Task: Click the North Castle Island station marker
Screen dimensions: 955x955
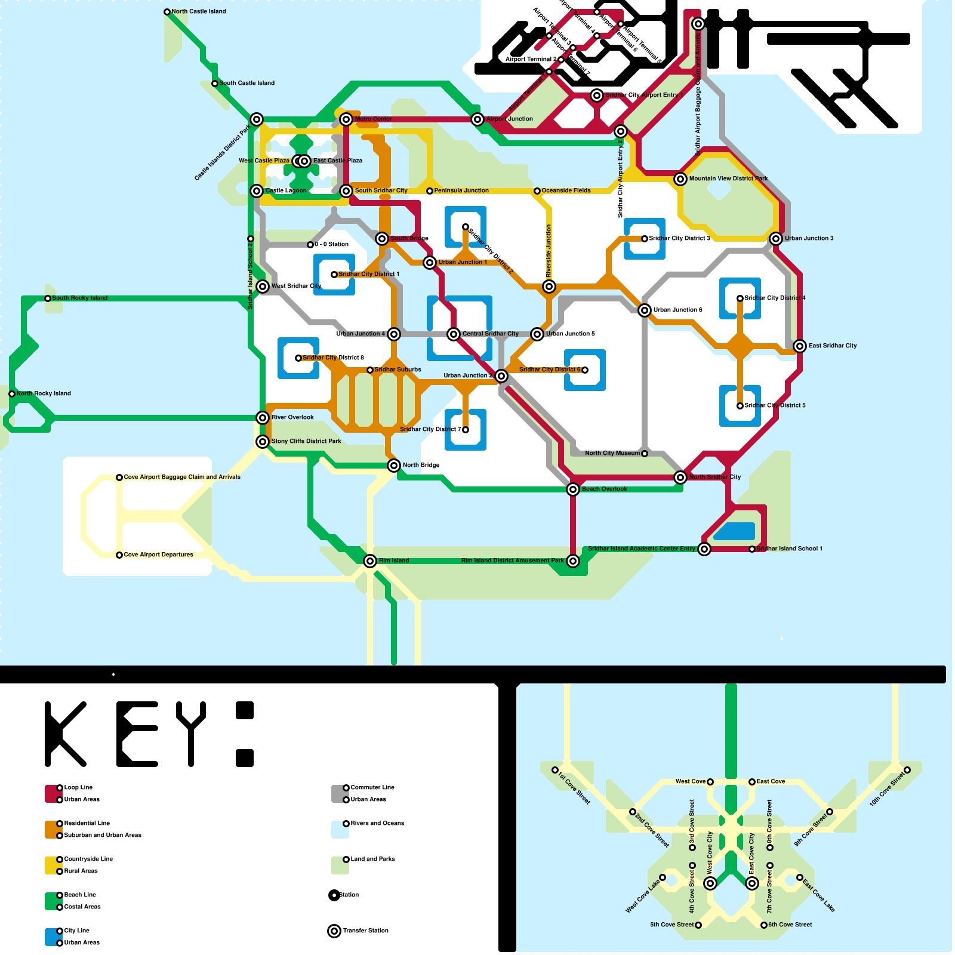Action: click(167, 12)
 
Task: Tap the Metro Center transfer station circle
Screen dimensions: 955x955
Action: click(346, 119)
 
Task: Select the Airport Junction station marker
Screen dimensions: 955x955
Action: click(478, 119)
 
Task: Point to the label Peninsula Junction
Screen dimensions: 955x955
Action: click(461, 191)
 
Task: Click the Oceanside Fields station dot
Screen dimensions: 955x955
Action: click(537, 191)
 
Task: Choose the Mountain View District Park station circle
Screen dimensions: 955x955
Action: click(680, 179)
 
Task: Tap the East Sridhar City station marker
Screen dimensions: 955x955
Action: click(800, 346)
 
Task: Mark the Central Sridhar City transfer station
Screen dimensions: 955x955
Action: click(454, 334)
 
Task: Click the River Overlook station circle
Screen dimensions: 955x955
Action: click(263, 418)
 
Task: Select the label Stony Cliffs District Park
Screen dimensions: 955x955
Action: click(306, 442)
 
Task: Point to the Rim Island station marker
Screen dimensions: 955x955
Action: click(370, 561)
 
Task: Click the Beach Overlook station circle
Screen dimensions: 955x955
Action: click(573, 489)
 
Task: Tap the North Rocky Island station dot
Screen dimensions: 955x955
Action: click(12, 394)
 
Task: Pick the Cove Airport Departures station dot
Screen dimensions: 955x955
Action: click(119, 555)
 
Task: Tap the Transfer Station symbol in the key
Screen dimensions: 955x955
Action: click(334, 931)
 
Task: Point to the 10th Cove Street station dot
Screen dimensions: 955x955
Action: click(907, 770)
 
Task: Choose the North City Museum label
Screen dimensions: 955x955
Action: click(612, 454)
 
